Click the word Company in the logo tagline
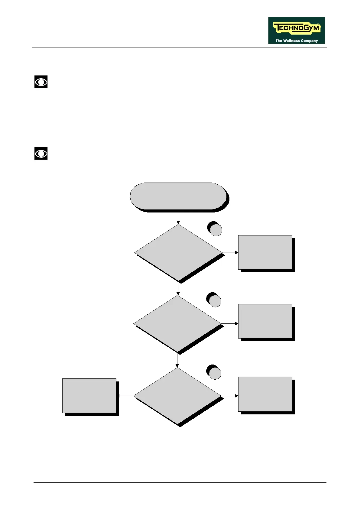(x=309, y=41)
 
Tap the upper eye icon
(x=41, y=82)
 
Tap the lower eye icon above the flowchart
(x=41, y=154)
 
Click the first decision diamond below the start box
(x=178, y=252)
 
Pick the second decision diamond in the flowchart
(x=178, y=323)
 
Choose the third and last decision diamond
(x=177, y=396)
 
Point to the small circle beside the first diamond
(x=216, y=230)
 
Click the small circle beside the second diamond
(x=215, y=301)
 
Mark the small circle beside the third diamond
(x=215, y=373)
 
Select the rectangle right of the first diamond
(x=265, y=252)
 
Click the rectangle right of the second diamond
(x=265, y=321)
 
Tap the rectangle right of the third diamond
(x=265, y=394)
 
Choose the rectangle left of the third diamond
(x=89, y=396)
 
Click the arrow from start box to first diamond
(x=178, y=218)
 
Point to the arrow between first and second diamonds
(x=178, y=289)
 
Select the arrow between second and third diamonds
(x=177, y=360)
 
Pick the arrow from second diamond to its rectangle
(x=230, y=323)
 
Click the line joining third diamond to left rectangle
(x=126, y=396)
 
